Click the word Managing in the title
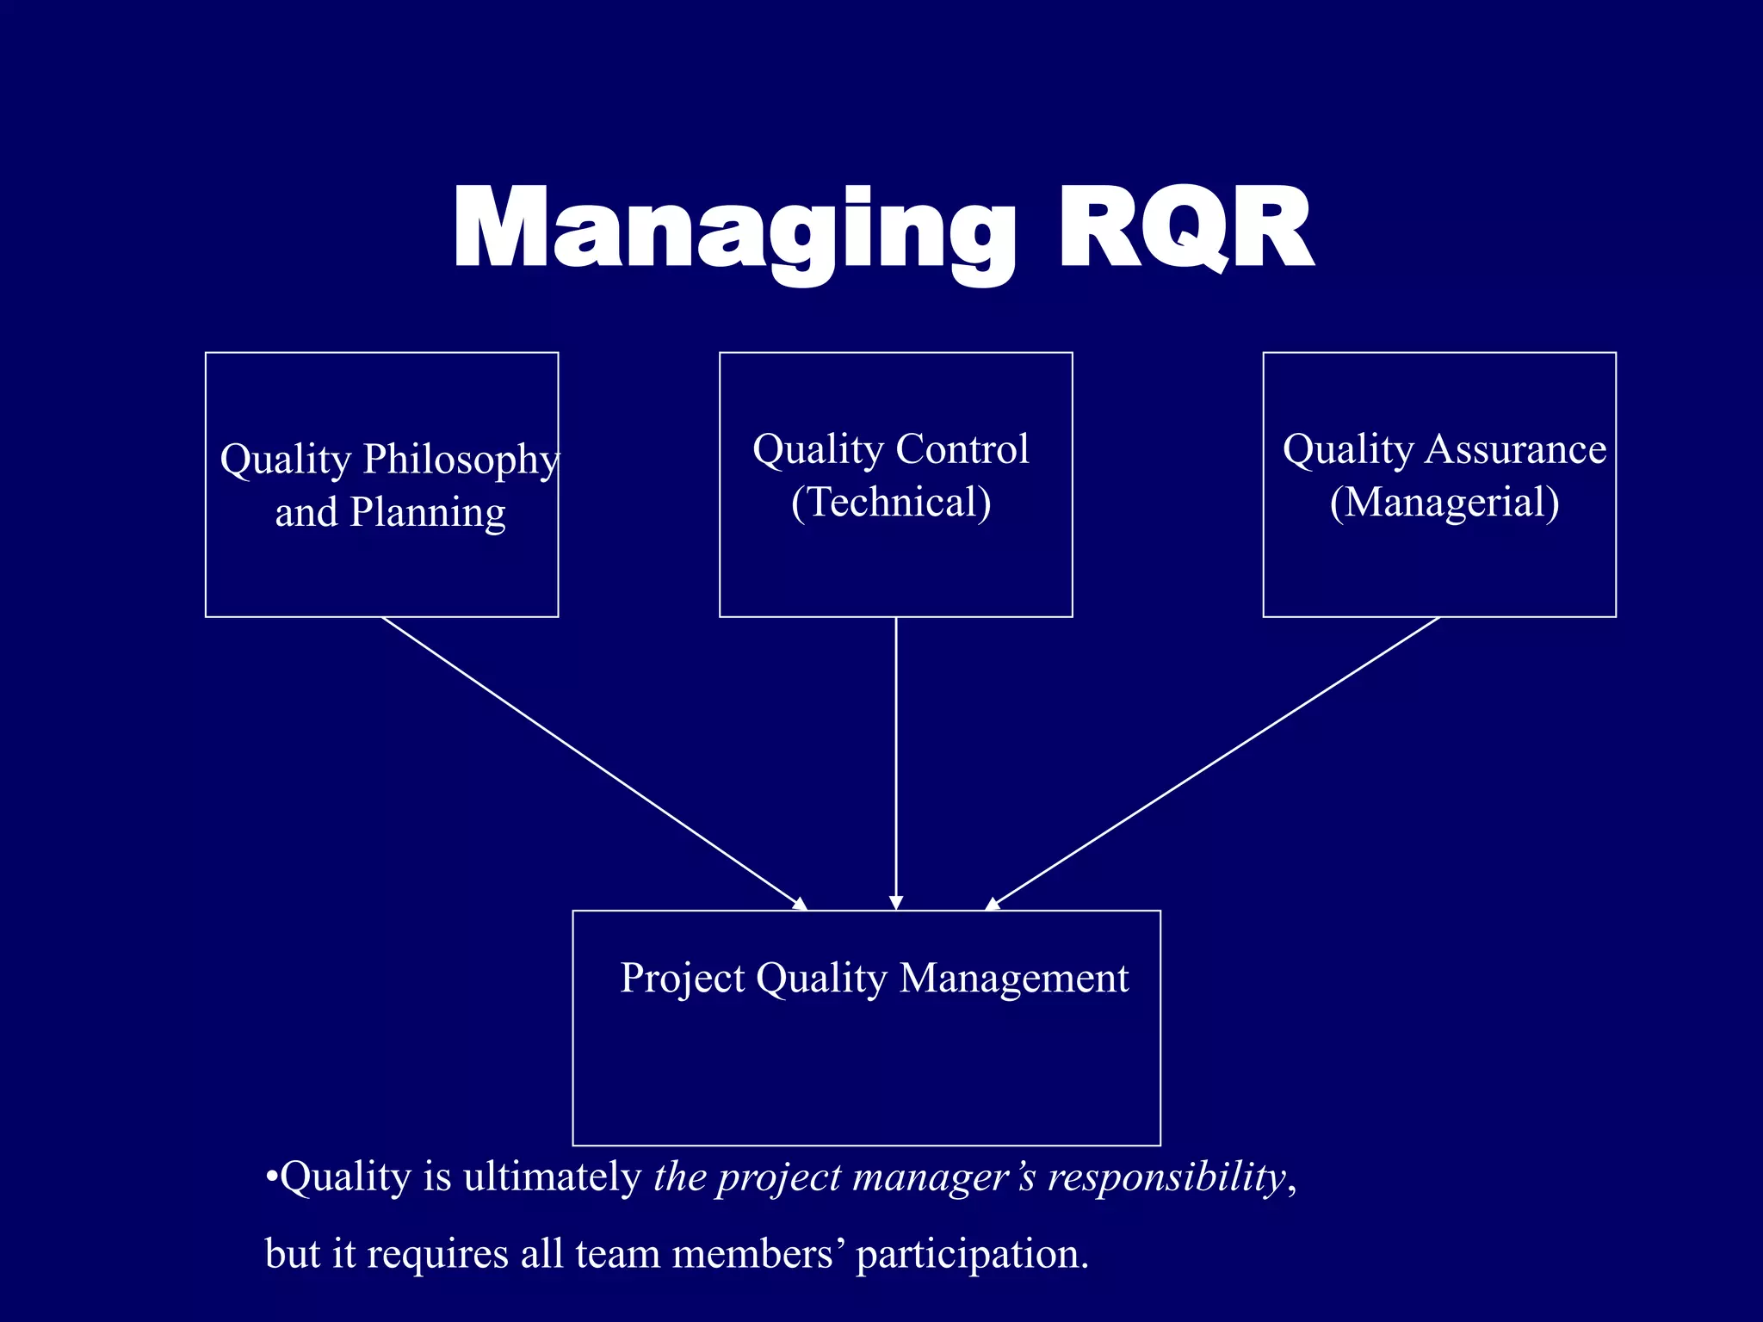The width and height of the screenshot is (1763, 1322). [732, 230]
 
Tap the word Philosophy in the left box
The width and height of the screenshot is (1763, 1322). [461, 460]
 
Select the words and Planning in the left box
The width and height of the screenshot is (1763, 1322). [390, 512]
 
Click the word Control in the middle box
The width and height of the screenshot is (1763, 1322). [962, 449]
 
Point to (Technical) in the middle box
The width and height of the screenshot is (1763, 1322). [891, 502]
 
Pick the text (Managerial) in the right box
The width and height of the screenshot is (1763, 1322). [1444, 503]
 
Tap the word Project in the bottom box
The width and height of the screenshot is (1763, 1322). [682, 979]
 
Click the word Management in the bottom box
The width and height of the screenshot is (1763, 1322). [1013, 979]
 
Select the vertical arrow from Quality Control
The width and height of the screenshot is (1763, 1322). [896, 757]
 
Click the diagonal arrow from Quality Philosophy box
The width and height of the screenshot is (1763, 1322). [594, 763]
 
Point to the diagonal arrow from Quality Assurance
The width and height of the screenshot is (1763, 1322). [1214, 763]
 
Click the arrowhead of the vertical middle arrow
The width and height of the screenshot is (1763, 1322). [896, 902]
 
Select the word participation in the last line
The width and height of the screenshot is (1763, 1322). [972, 1254]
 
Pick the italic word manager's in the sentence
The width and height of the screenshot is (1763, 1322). [943, 1177]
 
